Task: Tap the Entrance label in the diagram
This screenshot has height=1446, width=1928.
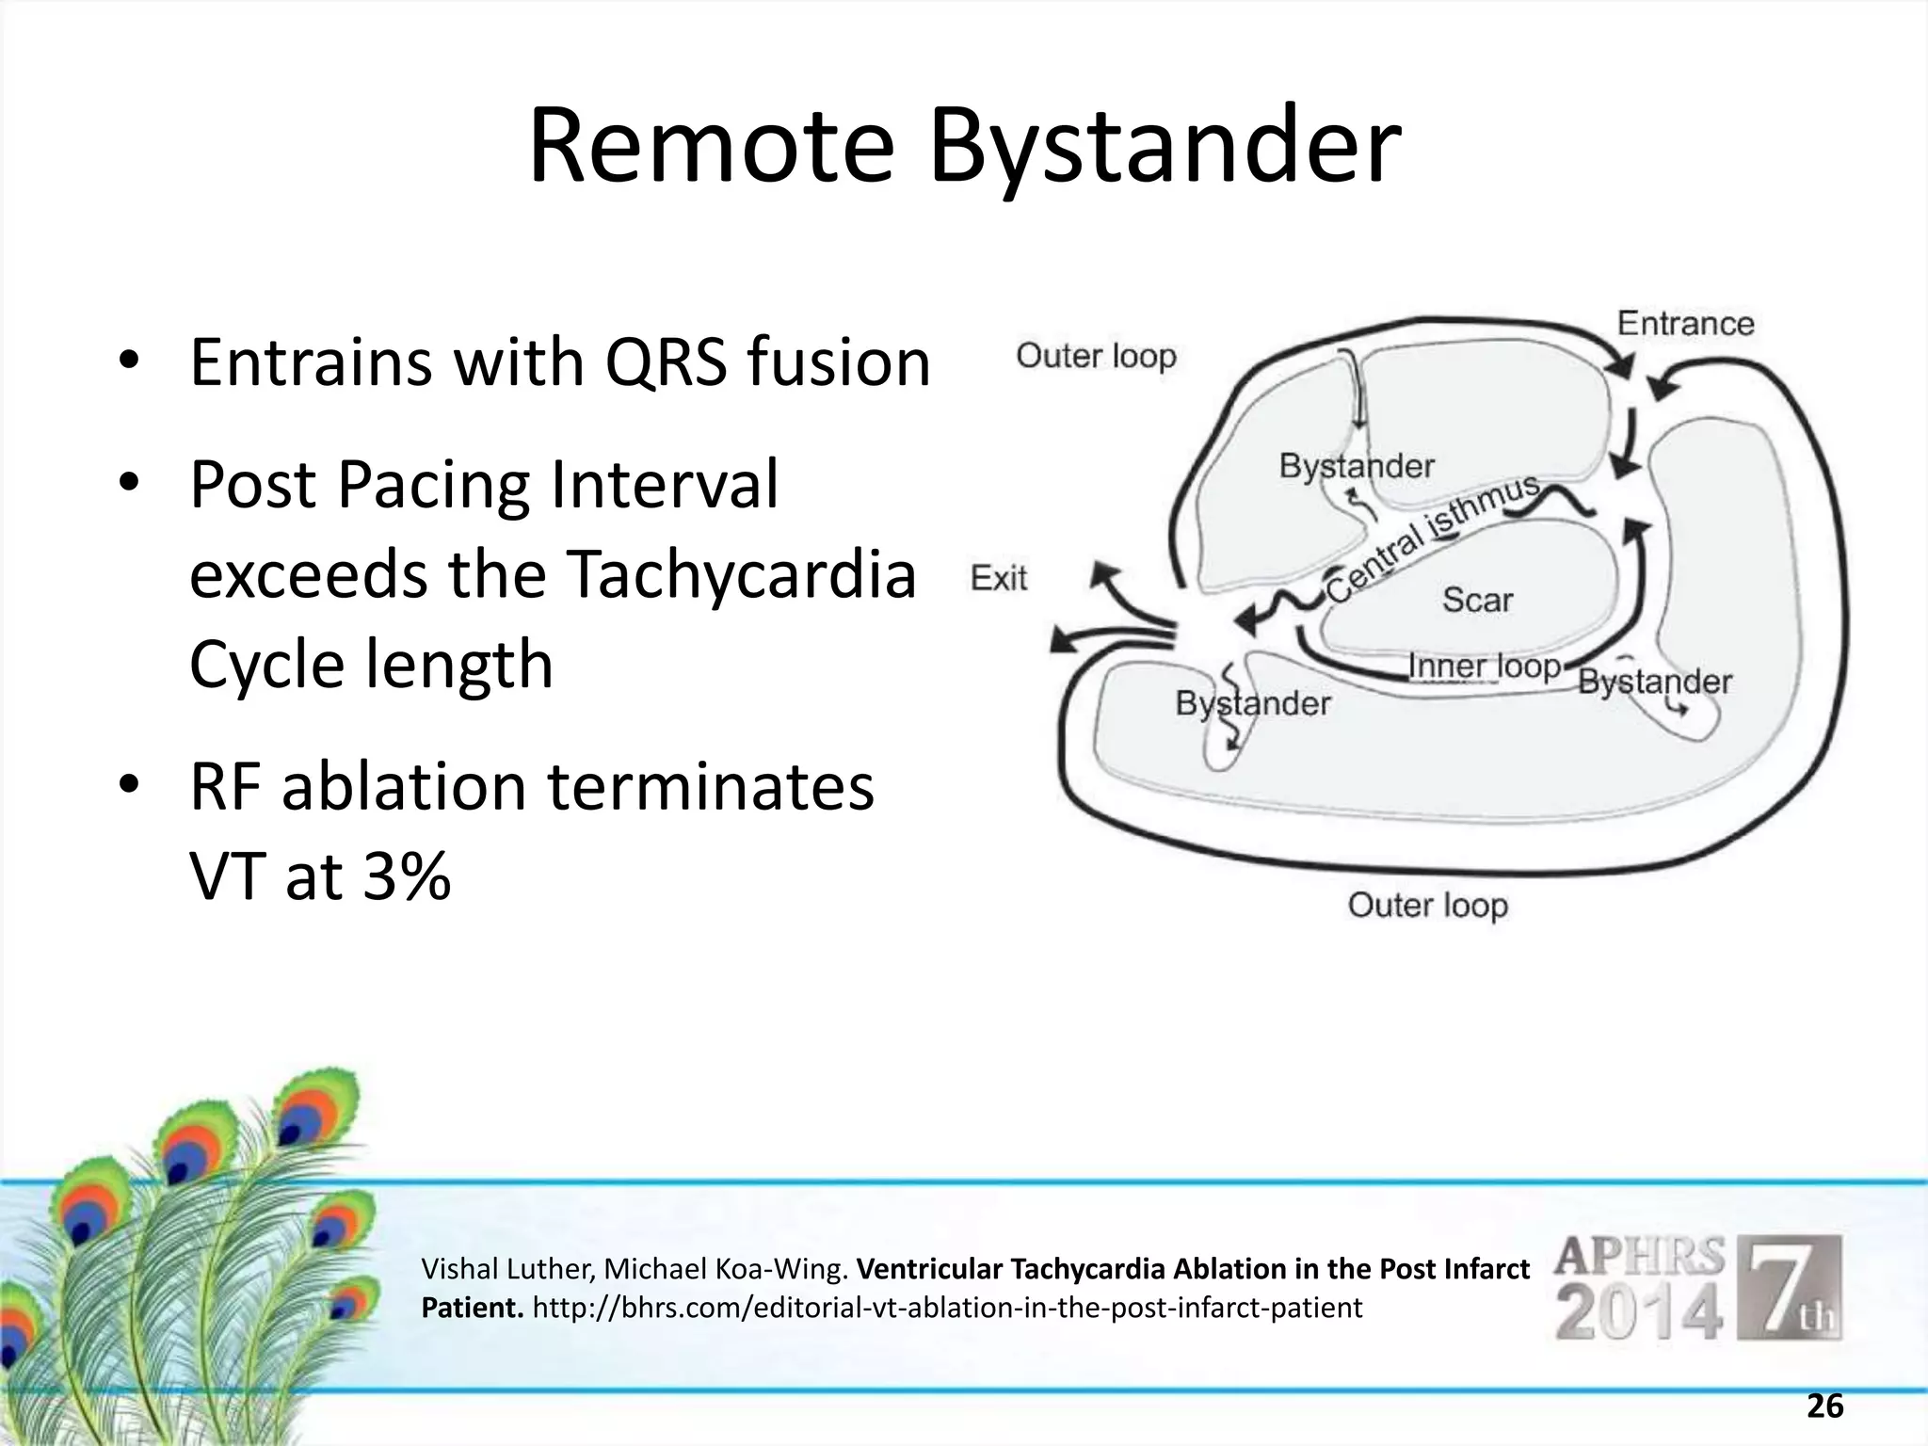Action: pos(1685,324)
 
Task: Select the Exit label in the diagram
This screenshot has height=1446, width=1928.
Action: pos(999,578)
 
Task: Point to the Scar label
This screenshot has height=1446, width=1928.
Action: pos(1477,600)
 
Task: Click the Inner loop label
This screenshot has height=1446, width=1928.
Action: pos(1485,667)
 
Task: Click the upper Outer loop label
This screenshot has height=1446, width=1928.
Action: pos(1096,357)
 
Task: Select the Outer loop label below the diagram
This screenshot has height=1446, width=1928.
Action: pos(1427,906)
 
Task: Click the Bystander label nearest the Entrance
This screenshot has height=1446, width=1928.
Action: pos(1356,466)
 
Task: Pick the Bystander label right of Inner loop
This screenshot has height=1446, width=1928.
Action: pos(1654,682)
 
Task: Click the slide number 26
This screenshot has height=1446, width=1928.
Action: pos(1824,1406)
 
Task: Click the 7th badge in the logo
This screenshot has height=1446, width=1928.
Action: pos(1793,1288)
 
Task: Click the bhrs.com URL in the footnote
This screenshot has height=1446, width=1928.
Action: pos(946,1308)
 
